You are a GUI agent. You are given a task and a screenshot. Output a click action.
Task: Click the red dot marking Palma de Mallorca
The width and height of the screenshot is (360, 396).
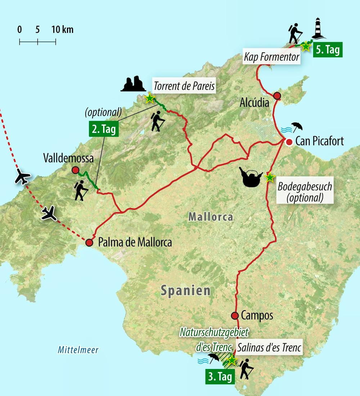[89, 243]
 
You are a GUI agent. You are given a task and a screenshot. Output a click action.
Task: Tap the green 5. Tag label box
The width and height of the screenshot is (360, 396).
[327, 50]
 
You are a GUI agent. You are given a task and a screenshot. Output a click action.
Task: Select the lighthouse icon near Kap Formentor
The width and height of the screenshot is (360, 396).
[319, 28]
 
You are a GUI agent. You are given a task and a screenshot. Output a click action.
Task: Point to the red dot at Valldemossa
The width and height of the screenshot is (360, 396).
[75, 170]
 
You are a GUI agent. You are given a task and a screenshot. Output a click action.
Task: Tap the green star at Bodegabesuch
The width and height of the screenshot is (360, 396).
[269, 177]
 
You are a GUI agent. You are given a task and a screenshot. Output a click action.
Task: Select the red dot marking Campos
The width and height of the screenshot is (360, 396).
[235, 316]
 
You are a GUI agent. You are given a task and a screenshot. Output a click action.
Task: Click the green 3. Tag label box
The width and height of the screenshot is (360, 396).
[220, 376]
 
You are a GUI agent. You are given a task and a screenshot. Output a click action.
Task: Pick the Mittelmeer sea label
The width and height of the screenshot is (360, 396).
[78, 350]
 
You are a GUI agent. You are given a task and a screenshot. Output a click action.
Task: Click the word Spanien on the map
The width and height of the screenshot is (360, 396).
[185, 290]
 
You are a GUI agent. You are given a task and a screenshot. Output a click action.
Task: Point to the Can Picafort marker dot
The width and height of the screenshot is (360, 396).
[289, 142]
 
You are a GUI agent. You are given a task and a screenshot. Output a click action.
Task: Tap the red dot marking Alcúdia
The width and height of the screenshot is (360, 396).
[277, 95]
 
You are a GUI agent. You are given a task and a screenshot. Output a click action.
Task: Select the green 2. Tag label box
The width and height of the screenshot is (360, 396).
[103, 129]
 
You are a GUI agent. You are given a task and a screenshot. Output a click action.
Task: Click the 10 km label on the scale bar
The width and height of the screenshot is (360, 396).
[63, 30]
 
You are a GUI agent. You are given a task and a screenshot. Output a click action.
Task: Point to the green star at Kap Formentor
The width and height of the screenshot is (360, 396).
[305, 46]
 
